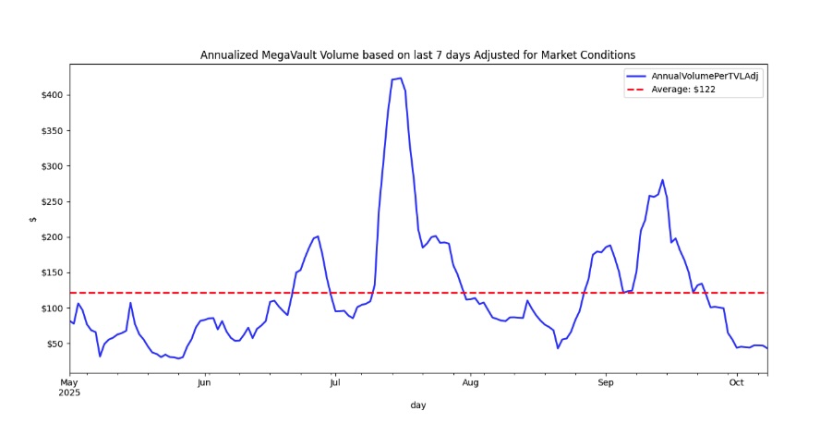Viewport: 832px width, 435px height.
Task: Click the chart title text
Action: click(x=417, y=55)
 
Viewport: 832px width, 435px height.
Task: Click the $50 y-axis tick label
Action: click(x=54, y=344)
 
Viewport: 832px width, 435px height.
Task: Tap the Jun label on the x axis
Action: click(x=204, y=381)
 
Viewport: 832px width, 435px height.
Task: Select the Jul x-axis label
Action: click(x=335, y=381)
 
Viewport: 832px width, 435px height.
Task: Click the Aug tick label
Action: click(x=470, y=381)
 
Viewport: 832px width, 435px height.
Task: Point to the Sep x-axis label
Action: click(x=605, y=381)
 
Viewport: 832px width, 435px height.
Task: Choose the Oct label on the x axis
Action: click(x=736, y=381)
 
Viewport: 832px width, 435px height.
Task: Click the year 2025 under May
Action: click(x=70, y=392)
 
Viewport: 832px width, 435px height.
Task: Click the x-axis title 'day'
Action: click(x=417, y=405)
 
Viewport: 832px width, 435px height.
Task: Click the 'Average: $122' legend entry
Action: click(x=682, y=90)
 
